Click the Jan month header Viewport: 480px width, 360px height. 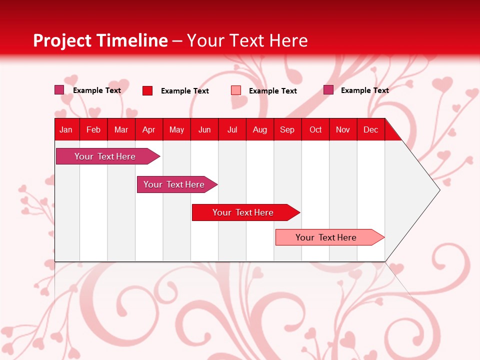(x=66, y=129)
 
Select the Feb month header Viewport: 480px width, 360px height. (x=93, y=129)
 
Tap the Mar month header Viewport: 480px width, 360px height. (x=121, y=129)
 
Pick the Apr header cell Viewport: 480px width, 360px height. (x=149, y=129)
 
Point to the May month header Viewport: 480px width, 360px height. (x=176, y=129)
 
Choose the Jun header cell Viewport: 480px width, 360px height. (x=204, y=129)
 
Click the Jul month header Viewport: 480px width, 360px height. (x=232, y=129)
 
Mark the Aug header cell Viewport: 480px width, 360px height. (x=260, y=129)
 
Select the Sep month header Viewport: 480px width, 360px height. (x=287, y=129)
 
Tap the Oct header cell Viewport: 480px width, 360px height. (x=315, y=129)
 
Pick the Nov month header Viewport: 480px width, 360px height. (x=343, y=129)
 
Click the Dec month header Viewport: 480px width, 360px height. (x=370, y=129)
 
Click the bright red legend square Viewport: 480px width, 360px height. (x=147, y=90)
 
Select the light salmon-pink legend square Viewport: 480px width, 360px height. (x=236, y=90)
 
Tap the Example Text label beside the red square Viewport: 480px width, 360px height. (x=184, y=91)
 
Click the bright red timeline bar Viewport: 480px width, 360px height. (x=243, y=212)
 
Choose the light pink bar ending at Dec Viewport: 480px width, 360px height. (x=326, y=237)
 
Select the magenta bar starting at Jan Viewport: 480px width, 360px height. (x=105, y=156)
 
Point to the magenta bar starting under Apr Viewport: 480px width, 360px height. (x=174, y=184)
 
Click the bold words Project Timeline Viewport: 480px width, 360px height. (x=100, y=40)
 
